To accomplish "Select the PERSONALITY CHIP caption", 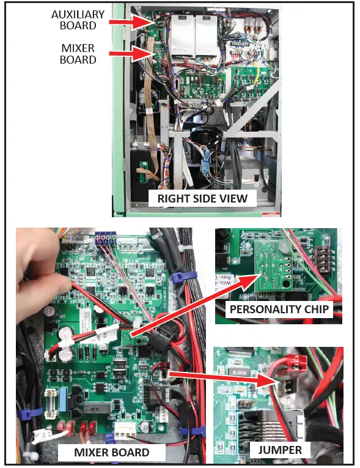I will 279,309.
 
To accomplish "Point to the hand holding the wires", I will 37,269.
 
